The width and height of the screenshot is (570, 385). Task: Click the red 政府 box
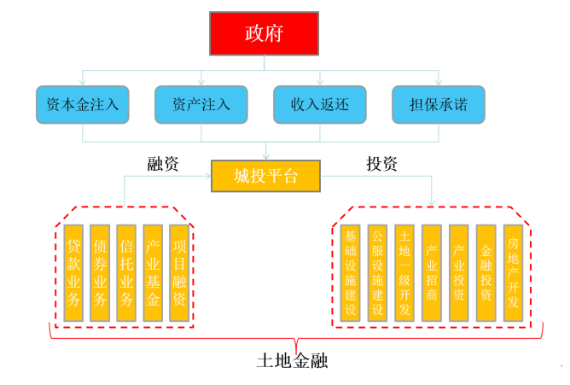pos(264,34)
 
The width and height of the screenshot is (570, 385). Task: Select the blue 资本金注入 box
pos(83,104)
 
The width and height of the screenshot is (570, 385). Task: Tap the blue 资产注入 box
pos(201,104)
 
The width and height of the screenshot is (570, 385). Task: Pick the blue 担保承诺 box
pos(438,104)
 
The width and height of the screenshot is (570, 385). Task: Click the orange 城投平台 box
pos(265,177)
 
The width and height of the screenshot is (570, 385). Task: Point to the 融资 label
pos(163,164)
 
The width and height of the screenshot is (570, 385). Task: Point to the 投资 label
pos(381,164)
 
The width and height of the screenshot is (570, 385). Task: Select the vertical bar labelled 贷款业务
pos(74,272)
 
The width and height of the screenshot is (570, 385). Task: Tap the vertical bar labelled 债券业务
pos(101,272)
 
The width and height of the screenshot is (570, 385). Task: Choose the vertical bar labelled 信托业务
pos(126,272)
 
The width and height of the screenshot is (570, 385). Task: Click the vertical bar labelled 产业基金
pos(153,272)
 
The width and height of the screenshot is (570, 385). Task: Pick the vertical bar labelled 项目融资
pos(178,272)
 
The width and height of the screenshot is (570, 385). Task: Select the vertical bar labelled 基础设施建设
pos(350,272)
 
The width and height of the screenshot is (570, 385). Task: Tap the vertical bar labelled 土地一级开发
pos(404,272)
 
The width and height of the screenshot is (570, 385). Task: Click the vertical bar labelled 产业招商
pos(432,272)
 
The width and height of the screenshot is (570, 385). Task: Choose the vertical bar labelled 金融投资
pos(486,272)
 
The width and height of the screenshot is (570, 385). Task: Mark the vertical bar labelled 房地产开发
pos(512,272)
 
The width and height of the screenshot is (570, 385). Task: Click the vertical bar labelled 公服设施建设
pos(377,272)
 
